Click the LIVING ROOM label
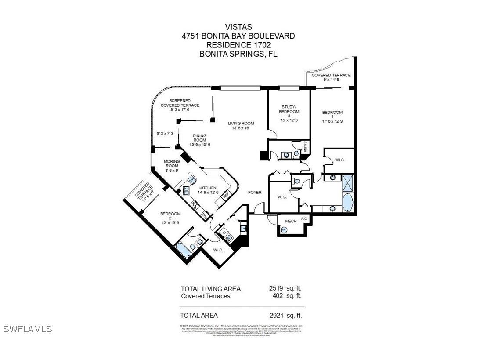(x=241, y=126)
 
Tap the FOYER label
(x=255, y=192)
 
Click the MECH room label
(x=291, y=221)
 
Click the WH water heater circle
(x=284, y=229)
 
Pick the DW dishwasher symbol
(x=191, y=180)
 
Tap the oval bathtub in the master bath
(x=347, y=203)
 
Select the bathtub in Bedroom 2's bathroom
(x=182, y=251)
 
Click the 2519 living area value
(x=277, y=288)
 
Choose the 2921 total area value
(x=277, y=315)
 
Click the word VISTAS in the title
(x=238, y=28)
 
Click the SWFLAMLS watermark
(x=27, y=329)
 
